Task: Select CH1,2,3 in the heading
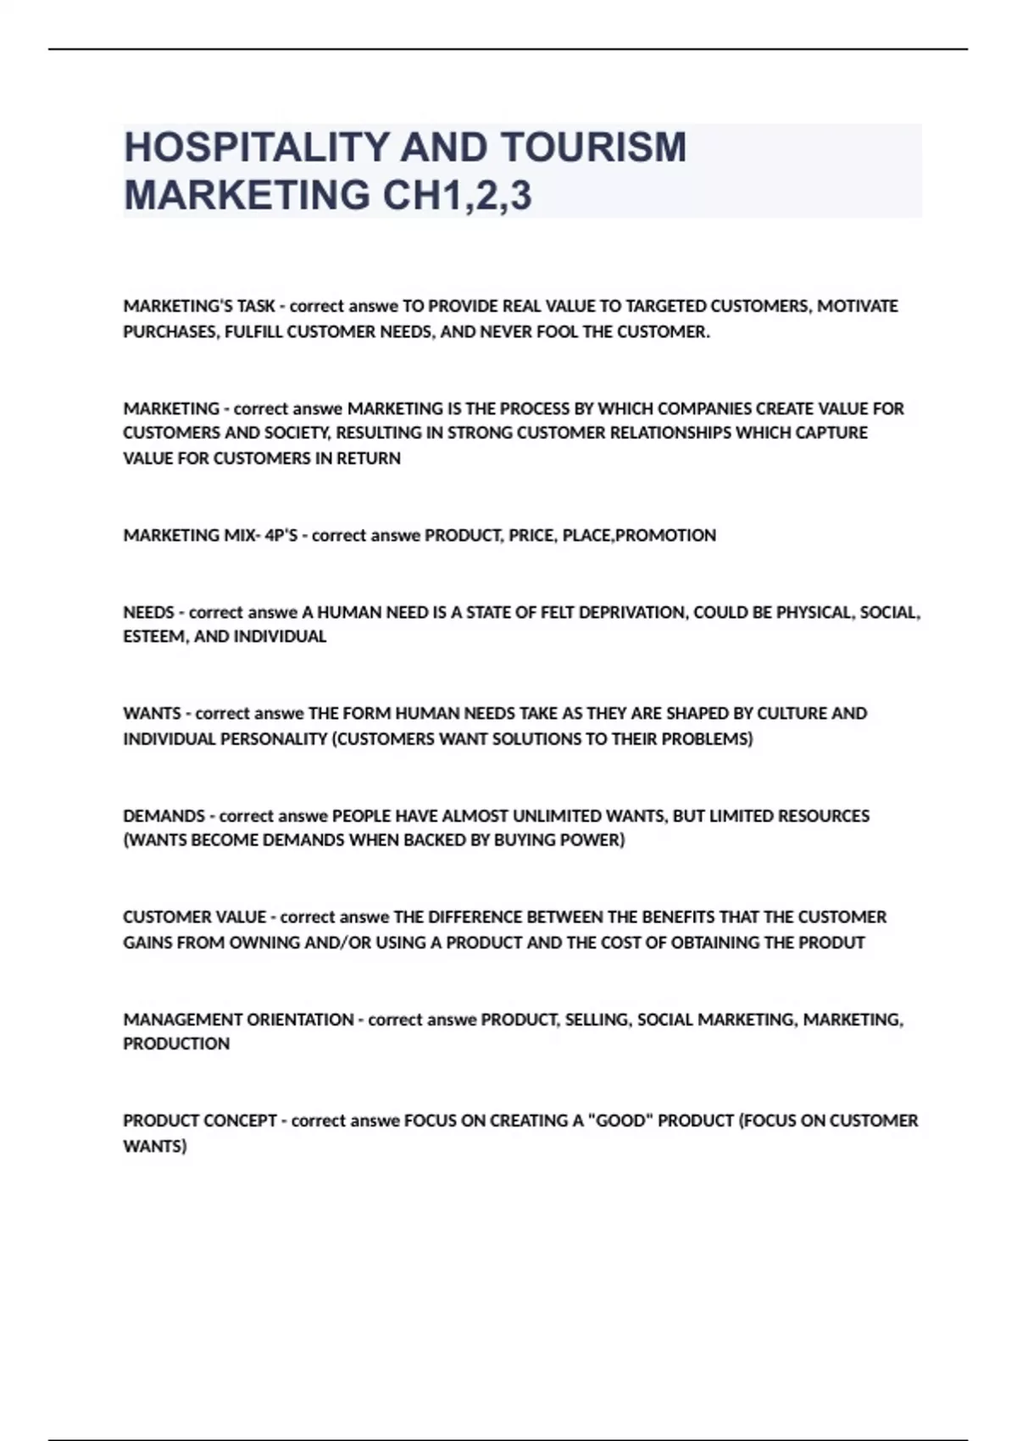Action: (x=458, y=195)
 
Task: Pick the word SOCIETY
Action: (x=288, y=433)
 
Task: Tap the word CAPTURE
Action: (x=831, y=433)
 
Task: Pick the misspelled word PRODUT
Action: (x=831, y=943)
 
